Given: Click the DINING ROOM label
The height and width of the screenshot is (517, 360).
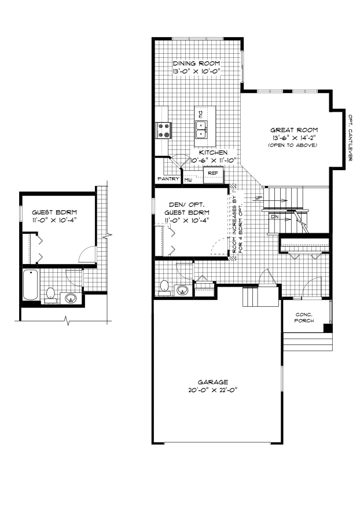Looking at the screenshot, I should [197, 64].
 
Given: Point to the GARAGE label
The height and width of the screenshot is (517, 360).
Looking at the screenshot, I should [213, 382].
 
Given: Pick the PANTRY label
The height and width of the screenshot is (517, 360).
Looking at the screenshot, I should [168, 179].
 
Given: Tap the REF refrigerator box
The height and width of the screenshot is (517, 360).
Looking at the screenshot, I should [212, 173].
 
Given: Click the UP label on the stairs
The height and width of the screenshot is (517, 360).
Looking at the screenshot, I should [259, 198].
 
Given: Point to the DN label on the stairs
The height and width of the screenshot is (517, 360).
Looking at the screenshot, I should [275, 216].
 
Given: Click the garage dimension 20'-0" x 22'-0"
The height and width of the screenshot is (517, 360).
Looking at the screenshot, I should [212, 390].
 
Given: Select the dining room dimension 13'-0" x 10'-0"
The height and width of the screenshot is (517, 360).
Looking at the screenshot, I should [197, 71].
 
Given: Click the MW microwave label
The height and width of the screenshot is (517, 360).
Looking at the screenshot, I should [188, 181].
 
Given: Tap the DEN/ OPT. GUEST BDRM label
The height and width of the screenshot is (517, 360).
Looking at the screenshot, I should [186, 212].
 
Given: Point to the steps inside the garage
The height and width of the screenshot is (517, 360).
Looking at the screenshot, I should [253, 298].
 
